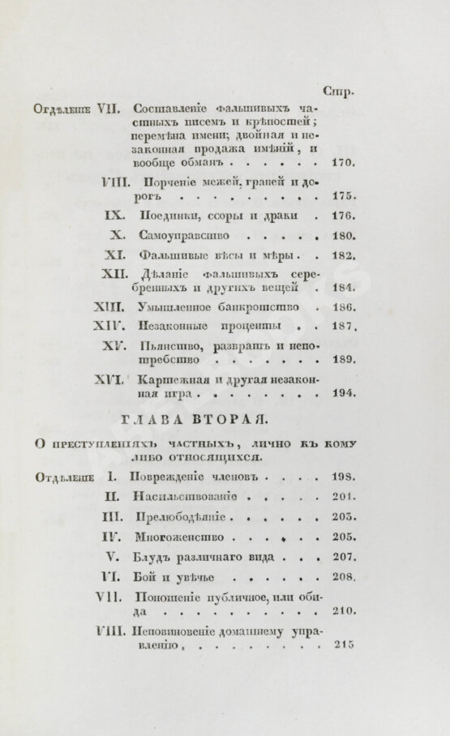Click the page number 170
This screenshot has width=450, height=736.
345,164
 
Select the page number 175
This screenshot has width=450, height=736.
344,197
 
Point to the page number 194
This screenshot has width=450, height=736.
344,394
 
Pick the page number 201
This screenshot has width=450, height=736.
345,496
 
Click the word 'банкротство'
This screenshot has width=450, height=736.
266,307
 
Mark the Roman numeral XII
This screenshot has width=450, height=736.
112,274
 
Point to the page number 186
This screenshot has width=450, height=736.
344,308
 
